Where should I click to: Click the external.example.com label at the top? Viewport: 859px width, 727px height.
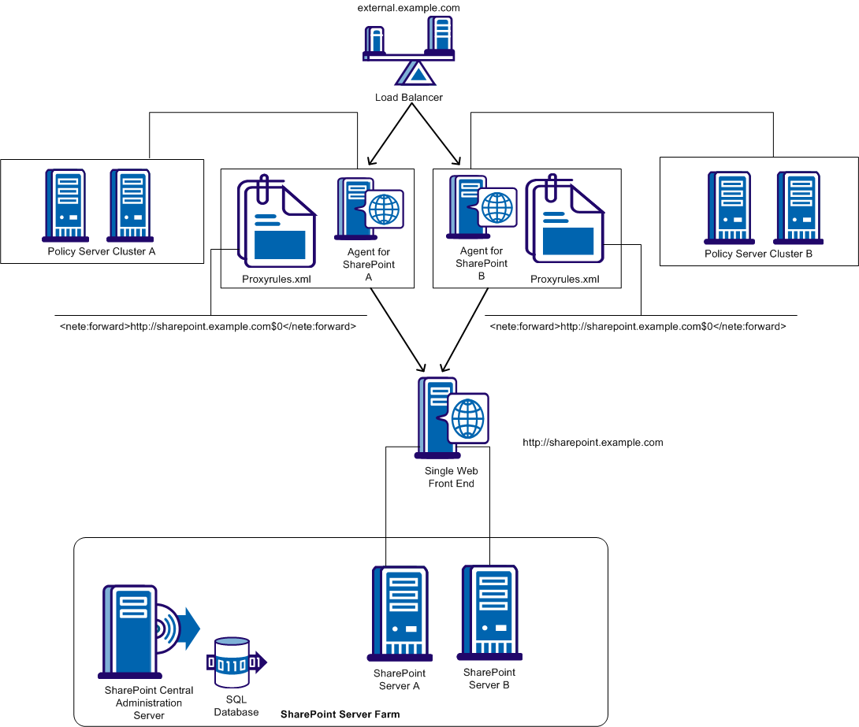coord(408,7)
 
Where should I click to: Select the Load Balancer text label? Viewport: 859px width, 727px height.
coord(408,98)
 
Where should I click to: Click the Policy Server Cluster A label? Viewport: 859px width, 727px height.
coord(102,252)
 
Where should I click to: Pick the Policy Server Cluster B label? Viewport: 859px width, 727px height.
coord(758,254)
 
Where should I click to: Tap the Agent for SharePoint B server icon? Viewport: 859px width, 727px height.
coord(482,207)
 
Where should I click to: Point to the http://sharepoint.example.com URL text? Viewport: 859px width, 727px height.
coord(593,443)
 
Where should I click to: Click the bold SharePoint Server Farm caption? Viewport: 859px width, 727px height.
coord(340,714)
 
